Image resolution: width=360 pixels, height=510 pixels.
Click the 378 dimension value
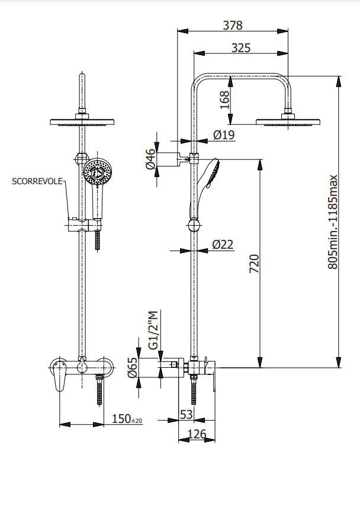coord(233,25)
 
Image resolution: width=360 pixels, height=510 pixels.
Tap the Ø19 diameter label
coord(224,135)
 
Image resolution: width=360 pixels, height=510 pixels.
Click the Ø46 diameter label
coord(150,159)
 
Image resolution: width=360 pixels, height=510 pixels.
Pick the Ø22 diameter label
coord(224,244)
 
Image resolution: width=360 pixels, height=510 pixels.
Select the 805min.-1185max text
coord(333,222)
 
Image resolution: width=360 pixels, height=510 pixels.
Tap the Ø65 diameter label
coord(133,368)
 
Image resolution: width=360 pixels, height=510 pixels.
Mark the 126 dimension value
coord(197,434)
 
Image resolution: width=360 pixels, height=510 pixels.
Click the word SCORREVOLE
coord(37,181)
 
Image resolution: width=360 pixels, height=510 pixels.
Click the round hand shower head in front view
coord(97,172)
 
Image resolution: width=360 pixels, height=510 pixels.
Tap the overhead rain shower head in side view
coord(288,123)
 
